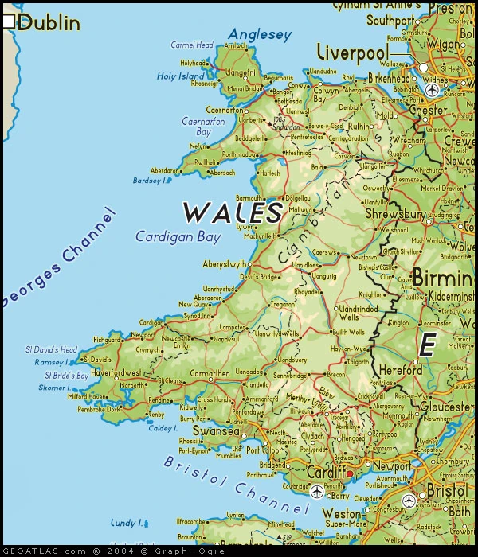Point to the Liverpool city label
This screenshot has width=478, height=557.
tap(352, 53)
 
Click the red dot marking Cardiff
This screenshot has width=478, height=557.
tap(349, 473)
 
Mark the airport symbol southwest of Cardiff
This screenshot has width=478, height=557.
tap(317, 491)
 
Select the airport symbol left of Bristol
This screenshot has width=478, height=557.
tap(409, 501)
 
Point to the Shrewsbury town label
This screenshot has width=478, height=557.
tap(396, 214)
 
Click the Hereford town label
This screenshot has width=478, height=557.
tap(400, 370)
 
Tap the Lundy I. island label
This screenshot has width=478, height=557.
tap(127, 523)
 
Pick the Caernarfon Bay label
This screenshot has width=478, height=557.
tap(198, 127)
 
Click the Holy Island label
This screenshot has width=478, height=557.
tap(181, 76)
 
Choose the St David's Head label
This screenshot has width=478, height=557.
tap(52, 349)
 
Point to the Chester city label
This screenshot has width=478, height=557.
tap(429, 111)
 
